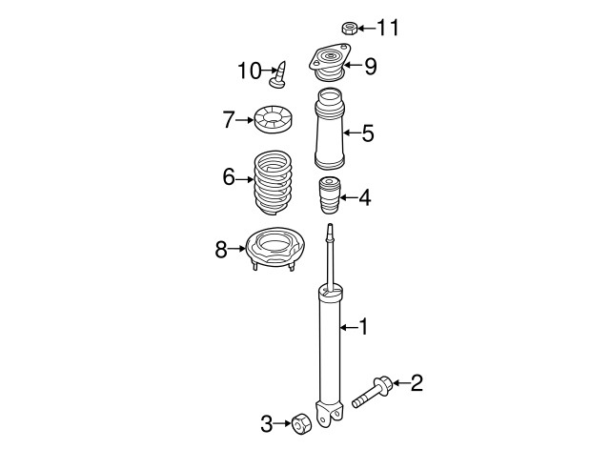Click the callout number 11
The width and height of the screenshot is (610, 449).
[x=388, y=27]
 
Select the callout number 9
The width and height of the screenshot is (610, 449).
[x=371, y=66]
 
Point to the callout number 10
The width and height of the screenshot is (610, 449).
[x=249, y=70]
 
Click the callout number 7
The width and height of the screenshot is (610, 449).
[x=228, y=120]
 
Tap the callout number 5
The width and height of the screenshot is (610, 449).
[x=367, y=133]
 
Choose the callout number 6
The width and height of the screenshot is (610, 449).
[x=229, y=176]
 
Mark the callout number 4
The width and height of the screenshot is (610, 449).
[x=365, y=199]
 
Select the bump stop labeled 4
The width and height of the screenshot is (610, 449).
[x=330, y=195]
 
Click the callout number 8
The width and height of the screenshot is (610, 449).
[x=221, y=250]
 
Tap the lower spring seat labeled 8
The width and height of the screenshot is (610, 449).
[x=274, y=252]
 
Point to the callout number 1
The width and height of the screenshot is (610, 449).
[x=362, y=328]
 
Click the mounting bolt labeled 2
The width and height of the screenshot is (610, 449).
[x=371, y=392]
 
